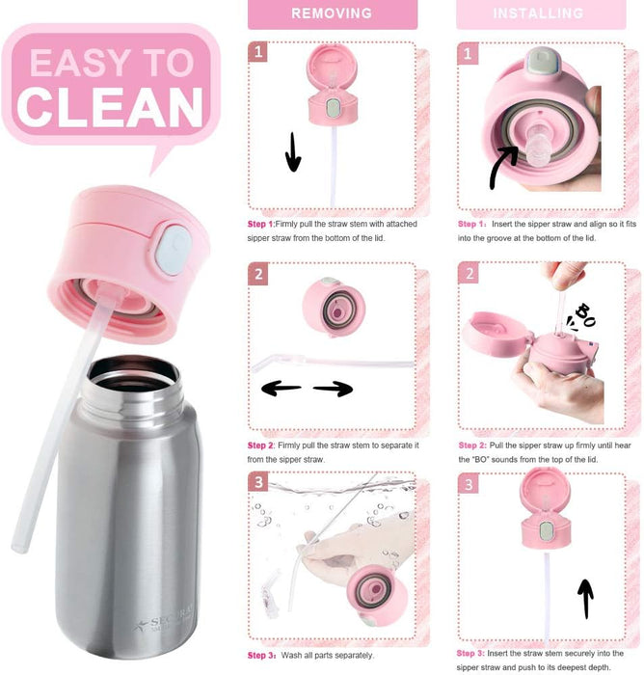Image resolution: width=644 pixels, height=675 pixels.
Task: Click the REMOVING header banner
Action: click(333, 14)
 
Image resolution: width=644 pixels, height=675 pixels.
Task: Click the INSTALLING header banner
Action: click(541, 14)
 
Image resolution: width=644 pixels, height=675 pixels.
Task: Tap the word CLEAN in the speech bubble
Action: click(110, 107)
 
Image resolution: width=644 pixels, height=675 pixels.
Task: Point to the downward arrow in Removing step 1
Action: click(293, 151)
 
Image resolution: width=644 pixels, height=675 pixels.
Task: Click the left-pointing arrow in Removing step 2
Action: click(281, 389)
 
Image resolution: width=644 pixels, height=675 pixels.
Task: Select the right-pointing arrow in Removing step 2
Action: click(334, 389)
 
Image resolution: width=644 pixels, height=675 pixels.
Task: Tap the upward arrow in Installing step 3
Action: click(585, 599)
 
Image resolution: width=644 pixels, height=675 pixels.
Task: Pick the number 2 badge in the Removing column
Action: click(258, 274)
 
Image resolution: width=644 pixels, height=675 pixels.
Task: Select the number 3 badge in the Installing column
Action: click(469, 484)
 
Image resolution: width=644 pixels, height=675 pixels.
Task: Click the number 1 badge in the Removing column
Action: click(257, 52)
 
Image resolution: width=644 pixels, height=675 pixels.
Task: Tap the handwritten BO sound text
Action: click(583, 316)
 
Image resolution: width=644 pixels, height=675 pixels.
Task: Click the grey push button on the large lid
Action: click(172, 250)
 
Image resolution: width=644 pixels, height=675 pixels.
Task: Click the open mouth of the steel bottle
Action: click(133, 374)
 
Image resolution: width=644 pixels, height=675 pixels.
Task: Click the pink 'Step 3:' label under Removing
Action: click(261, 655)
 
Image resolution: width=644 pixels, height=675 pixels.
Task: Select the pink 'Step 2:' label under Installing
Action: click(472, 445)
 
